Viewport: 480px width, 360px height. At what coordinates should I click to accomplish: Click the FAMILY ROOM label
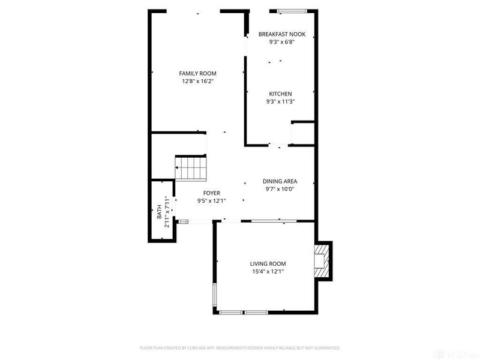[197, 73]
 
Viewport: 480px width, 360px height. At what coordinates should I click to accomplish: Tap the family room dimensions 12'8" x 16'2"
[197, 81]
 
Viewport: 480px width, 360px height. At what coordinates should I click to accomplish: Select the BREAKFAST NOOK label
[281, 34]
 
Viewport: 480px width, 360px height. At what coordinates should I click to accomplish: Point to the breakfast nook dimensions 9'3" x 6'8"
[281, 42]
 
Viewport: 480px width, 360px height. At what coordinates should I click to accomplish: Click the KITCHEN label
[280, 94]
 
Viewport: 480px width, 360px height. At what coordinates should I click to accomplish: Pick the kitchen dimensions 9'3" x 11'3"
[280, 101]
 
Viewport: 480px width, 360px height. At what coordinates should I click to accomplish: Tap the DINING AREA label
[280, 181]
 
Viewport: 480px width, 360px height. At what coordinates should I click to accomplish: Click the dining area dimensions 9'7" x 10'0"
[280, 189]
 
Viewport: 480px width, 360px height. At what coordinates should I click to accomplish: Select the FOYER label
[211, 193]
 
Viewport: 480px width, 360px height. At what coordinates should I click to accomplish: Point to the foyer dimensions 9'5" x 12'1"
[211, 201]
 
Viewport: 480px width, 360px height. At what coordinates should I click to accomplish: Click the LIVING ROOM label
[268, 263]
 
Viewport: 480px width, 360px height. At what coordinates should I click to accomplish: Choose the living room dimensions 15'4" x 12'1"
[268, 271]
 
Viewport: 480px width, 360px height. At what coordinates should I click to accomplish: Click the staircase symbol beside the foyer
[191, 167]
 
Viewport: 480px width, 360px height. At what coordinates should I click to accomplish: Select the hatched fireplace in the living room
[323, 260]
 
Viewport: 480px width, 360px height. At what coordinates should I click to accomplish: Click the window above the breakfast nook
[292, 11]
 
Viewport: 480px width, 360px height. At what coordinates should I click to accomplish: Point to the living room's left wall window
[214, 294]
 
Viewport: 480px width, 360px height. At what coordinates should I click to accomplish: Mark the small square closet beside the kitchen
[302, 133]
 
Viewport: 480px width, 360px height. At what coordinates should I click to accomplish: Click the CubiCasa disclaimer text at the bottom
[240, 347]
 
